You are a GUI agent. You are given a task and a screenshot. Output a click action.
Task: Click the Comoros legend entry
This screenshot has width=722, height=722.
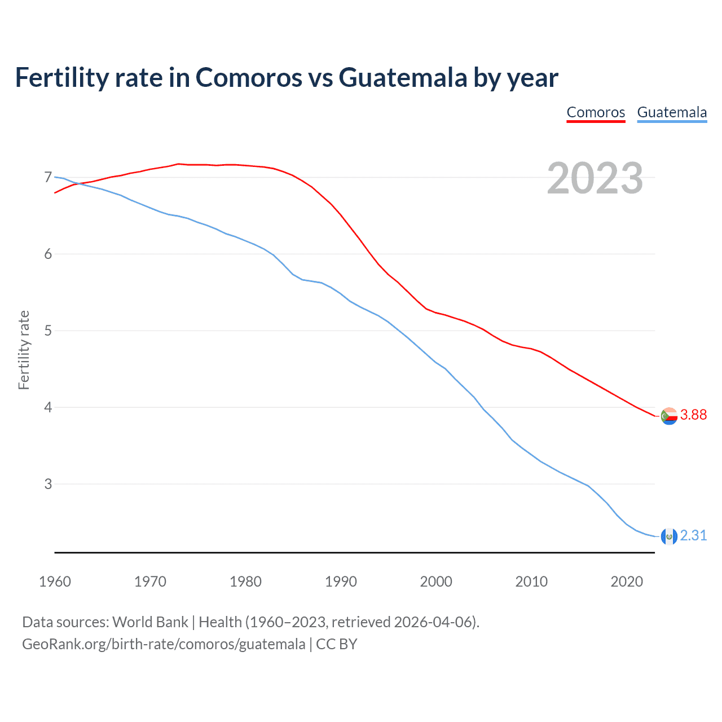tap(596, 112)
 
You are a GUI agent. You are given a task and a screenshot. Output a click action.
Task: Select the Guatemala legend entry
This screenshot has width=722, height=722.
tap(671, 112)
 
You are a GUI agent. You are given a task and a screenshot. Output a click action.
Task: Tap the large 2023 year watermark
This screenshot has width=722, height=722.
tap(595, 178)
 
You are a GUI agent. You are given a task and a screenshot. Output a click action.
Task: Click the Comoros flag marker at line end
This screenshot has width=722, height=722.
tap(669, 416)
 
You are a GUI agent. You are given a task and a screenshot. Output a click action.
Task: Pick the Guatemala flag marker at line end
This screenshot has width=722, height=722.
tap(669, 536)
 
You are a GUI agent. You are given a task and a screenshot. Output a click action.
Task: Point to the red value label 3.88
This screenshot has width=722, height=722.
tap(693, 415)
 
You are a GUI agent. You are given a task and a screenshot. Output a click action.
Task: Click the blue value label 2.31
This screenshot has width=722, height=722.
tap(693, 536)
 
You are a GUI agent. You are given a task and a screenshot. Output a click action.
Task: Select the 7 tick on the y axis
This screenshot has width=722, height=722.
tap(48, 178)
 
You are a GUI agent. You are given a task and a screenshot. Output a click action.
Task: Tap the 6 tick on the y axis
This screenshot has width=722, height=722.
tap(48, 254)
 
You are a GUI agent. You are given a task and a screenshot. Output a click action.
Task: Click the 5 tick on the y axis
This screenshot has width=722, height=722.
tap(48, 331)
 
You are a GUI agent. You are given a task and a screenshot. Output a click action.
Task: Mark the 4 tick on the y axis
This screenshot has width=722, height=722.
tap(48, 407)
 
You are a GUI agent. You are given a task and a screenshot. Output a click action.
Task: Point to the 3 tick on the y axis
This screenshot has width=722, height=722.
tap(48, 484)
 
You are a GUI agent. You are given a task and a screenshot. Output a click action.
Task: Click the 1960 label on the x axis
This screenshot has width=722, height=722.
tap(55, 582)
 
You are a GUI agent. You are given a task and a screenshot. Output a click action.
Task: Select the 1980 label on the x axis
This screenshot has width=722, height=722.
tap(245, 582)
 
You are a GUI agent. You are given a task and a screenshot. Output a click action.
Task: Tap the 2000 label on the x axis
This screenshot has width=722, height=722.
tap(436, 582)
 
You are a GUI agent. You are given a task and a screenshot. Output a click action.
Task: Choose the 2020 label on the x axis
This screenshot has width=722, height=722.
tap(627, 582)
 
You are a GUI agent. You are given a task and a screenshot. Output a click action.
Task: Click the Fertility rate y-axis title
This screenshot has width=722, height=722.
tap(24, 350)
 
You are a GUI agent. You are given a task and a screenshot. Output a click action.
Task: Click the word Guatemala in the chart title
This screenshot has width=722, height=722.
tap(403, 77)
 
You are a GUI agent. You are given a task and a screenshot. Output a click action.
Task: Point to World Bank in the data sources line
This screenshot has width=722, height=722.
tap(150, 622)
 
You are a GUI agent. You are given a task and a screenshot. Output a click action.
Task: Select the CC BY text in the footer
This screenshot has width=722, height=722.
tap(337, 644)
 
